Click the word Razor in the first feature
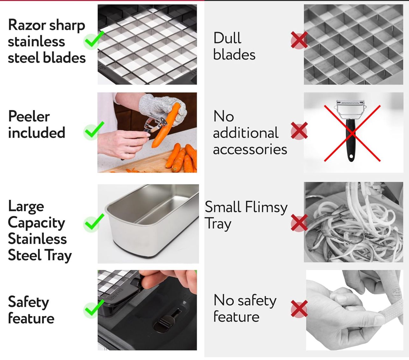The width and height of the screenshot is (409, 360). (x=27, y=25)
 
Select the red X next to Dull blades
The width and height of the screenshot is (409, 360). (x=299, y=40)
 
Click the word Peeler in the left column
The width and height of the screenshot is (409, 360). (x=29, y=117)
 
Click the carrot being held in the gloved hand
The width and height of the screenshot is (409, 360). (x=165, y=126)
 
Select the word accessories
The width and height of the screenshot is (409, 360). (x=250, y=150)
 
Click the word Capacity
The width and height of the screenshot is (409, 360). (x=36, y=223)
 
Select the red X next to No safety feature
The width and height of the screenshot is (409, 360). (x=299, y=309)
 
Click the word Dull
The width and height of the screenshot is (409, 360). (x=227, y=38)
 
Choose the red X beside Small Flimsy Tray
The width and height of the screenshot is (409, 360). (x=299, y=223)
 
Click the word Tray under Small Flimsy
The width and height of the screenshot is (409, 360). (x=218, y=224)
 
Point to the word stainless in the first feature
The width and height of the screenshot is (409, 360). (x=36, y=42)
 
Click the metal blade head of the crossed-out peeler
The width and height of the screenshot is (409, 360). (x=351, y=110)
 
